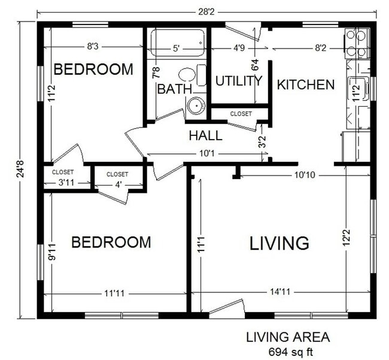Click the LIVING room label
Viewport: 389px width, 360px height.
pos(279,243)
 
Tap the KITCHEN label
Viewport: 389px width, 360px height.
pos(305,84)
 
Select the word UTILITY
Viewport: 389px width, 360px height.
pos(239,81)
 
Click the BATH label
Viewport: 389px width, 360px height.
pos(174,89)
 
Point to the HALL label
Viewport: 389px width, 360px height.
pos(205,135)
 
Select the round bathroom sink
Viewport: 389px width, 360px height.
pos(196,106)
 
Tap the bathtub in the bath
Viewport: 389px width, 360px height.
pos(177,43)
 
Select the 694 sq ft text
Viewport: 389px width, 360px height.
pos(287,350)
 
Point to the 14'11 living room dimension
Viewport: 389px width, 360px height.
pos(278,293)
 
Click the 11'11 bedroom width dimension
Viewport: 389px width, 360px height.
pos(118,294)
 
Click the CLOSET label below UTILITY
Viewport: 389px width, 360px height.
pos(241,113)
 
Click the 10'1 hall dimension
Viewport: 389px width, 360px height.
pos(207,154)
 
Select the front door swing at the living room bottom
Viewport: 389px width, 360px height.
pos(227,308)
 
